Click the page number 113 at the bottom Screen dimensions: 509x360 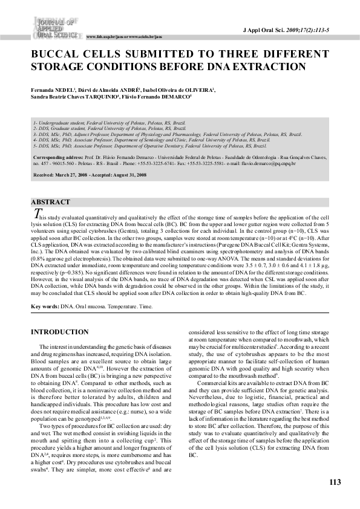[x=335, y=482]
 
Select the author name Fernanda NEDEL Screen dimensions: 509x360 [x=51, y=89]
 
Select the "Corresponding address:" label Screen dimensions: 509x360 [x=56, y=157]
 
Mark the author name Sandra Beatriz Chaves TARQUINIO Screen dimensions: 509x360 [x=67, y=96]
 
